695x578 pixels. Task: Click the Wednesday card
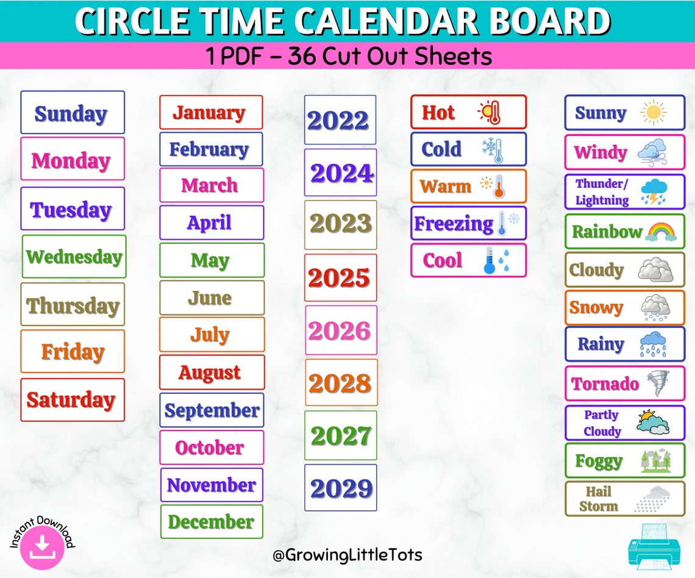pos(74,257)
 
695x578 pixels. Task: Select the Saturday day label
pos(72,400)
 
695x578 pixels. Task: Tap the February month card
pos(211,149)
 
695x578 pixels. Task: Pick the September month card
pos(212,410)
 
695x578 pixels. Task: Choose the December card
pos(212,522)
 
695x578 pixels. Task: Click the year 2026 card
pos(341,330)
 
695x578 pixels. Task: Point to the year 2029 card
pos(341,488)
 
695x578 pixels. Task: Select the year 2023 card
pos(341,224)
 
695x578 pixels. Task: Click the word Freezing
pos(454,224)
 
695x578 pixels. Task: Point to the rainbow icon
pos(661,232)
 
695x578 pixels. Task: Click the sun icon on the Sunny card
pos(654,113)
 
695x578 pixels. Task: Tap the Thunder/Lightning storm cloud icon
pos(654,192)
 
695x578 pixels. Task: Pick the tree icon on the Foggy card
pos(656,461)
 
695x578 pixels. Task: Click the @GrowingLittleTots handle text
pos(347,555)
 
